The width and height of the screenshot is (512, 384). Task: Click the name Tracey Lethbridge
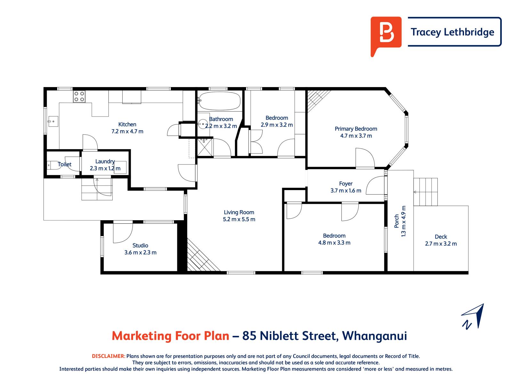pos(452,32)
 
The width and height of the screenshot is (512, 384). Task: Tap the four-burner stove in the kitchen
pos(79,96)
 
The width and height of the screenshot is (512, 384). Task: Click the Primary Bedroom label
pos(356,129)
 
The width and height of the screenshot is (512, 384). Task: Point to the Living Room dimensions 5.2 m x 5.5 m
pos(239,219)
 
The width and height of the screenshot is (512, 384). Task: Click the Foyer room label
pos(346,184)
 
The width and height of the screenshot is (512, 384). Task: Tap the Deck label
pos(441,237)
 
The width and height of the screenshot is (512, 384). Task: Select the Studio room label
pos(140,245)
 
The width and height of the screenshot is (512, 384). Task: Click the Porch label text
pos(396,221)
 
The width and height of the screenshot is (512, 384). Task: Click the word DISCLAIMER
pos(108,356)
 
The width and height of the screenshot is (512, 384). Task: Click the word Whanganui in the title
pos(374,336)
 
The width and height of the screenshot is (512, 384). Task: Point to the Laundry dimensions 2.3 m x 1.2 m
pos(105,168)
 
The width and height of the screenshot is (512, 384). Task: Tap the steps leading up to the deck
pos(425,192)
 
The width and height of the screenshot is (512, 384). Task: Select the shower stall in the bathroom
pos(204,147)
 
